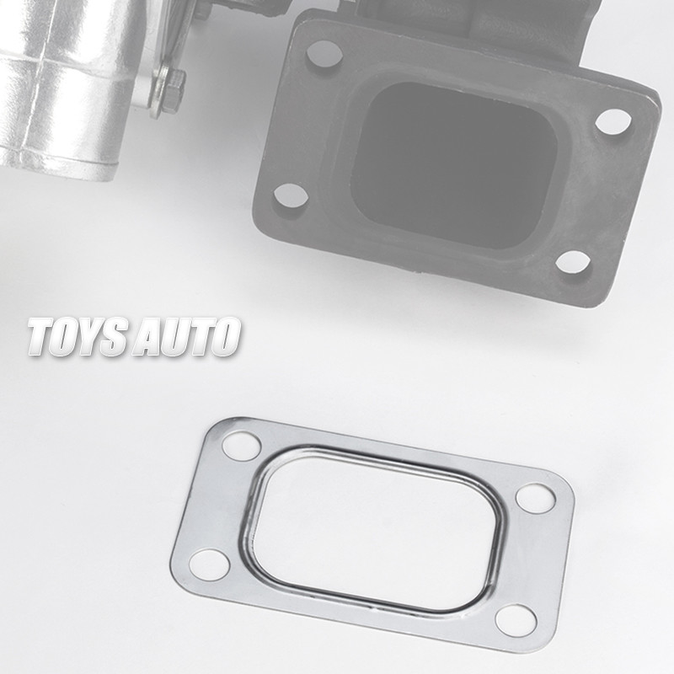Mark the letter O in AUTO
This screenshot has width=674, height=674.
(x=223, y=337)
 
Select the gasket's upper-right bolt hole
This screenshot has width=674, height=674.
(x=533, y=497)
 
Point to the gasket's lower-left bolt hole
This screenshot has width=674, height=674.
(x=207, y=563)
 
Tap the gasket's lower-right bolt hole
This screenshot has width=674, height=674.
(x=515, y=620)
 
